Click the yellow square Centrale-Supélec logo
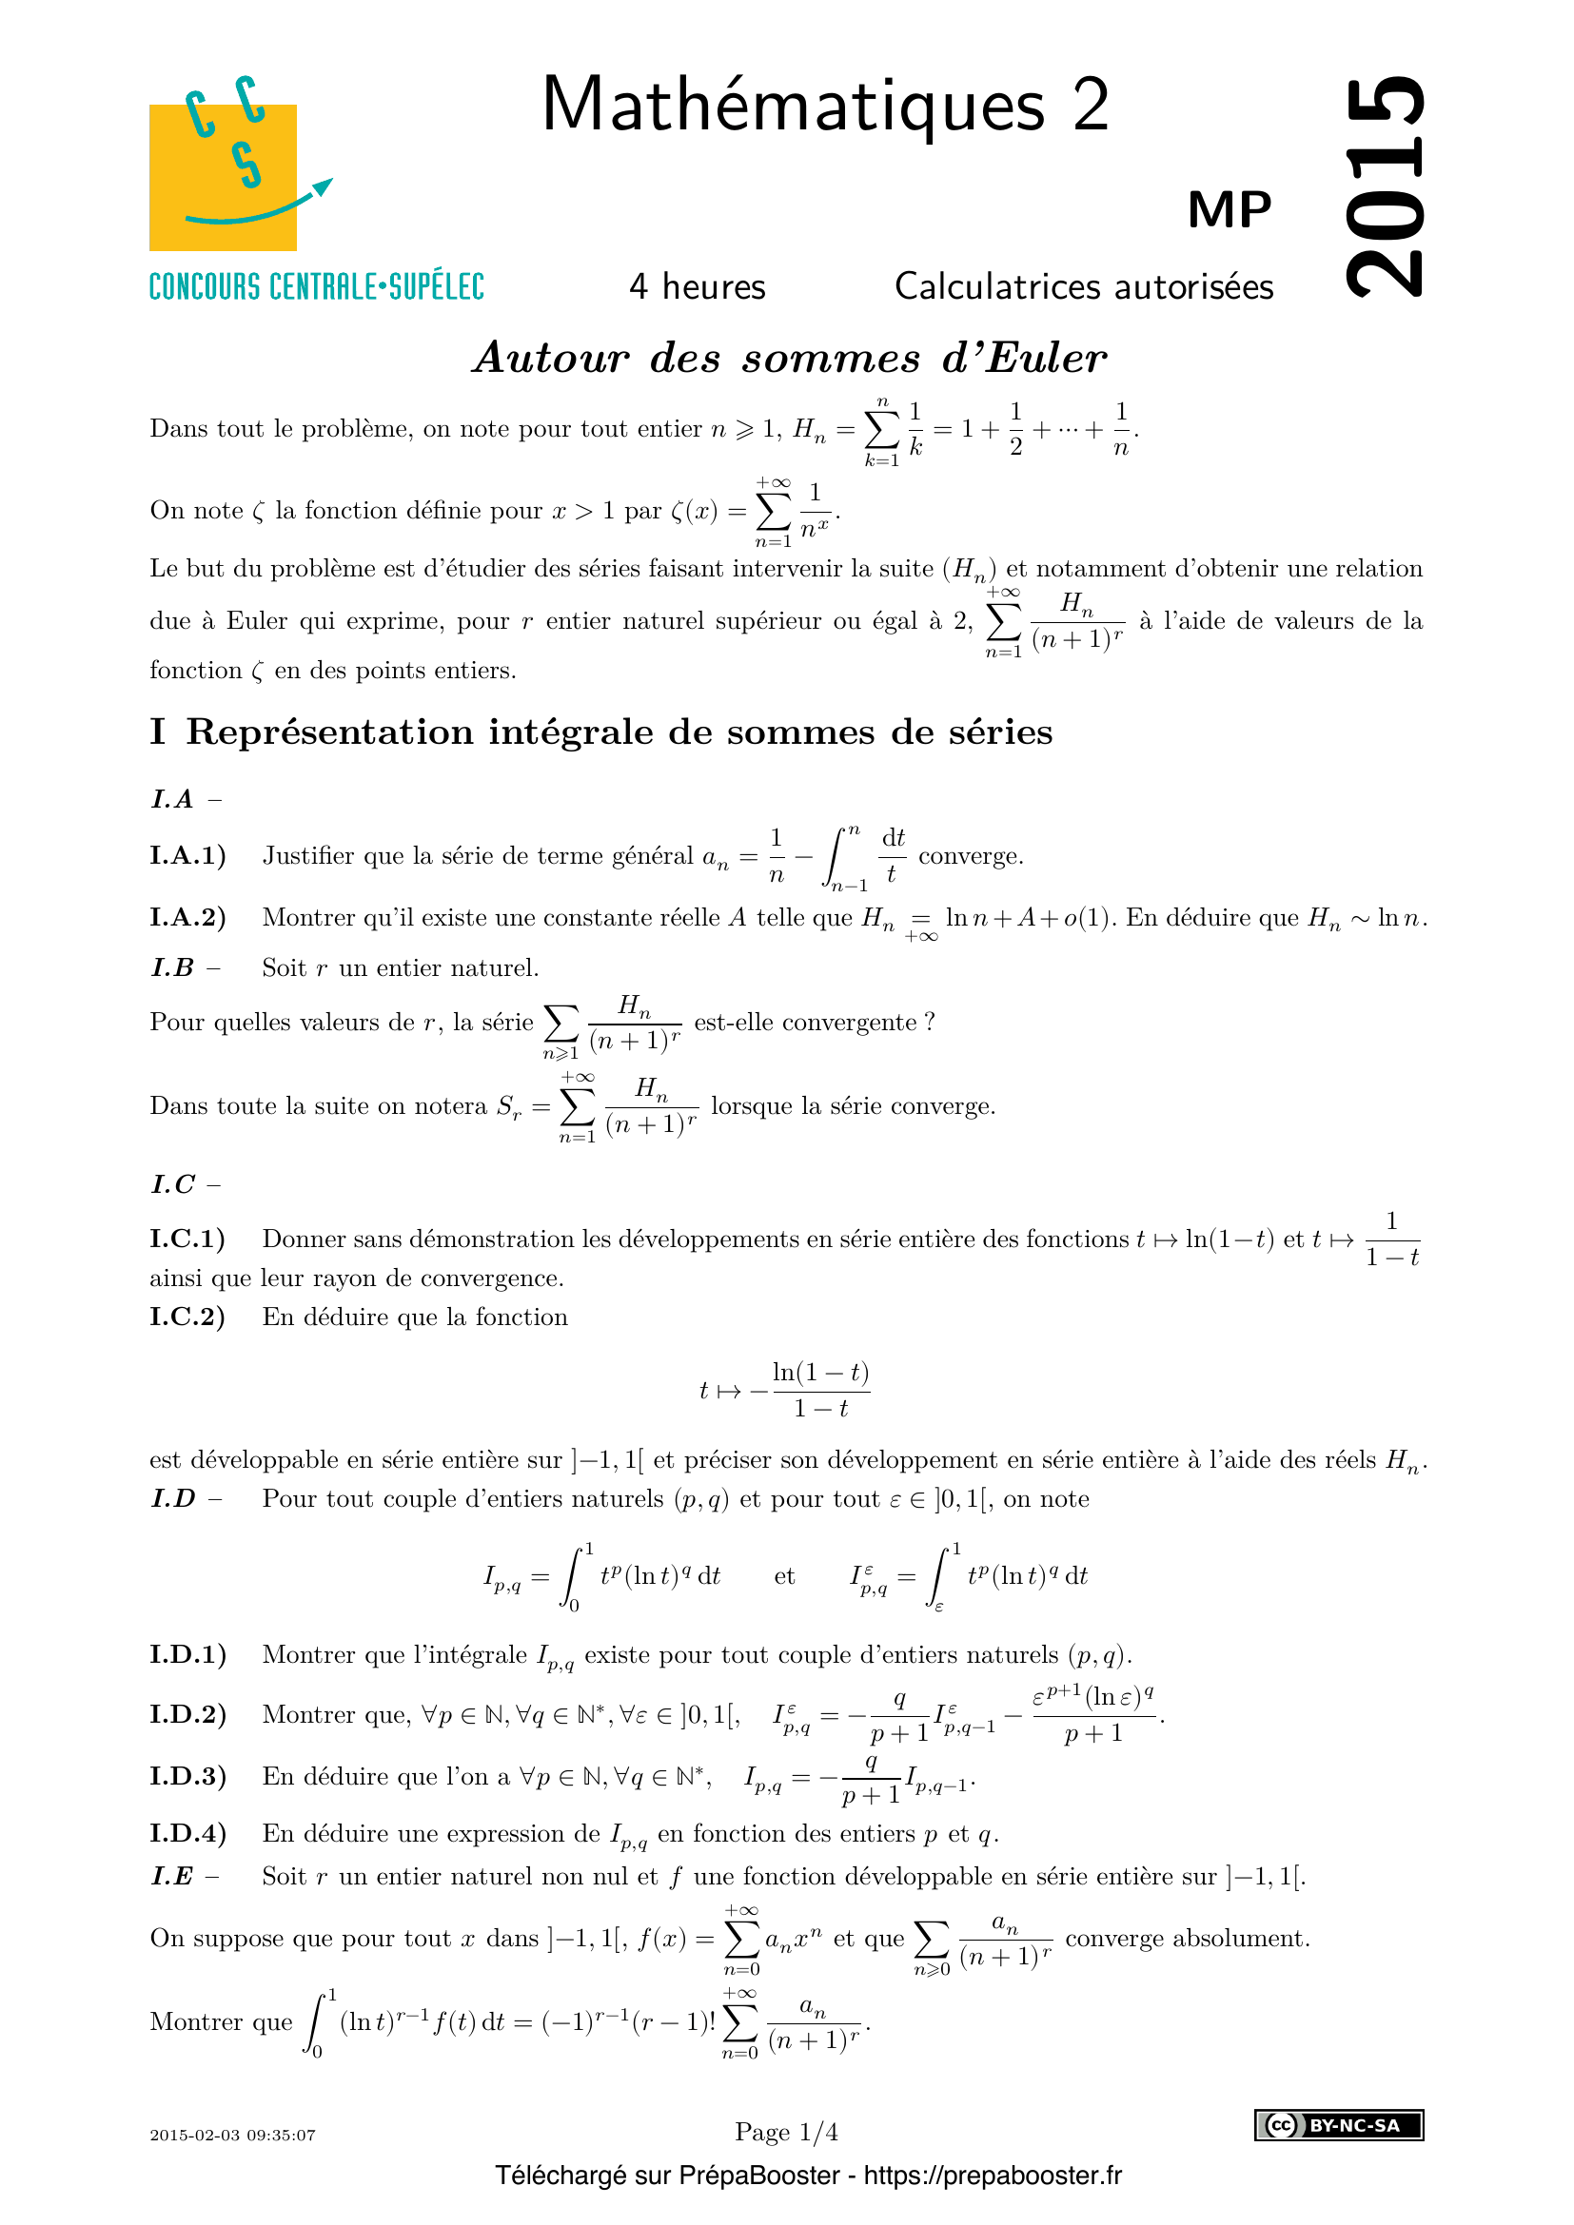click(x=223, y=176)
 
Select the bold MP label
click(x=1229, y=209)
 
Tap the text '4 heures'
click(x=697, y=287)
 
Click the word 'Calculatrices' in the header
click(x=997, y=287)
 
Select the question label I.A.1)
click(x=187, y=856)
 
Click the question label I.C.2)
click(x=187, y=1317)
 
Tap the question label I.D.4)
click(x=187, y=1833)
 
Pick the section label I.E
click(x=172, y=1877)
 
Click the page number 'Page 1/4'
click(x=786, y=2132)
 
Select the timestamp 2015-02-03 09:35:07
click(x=232, y=2135)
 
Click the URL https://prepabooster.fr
click(x=993, y=2176)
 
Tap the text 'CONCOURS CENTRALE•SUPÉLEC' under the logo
click(x=316, y=288)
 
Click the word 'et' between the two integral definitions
click(x=784, y=1576)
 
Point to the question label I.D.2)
click(x=187, y=1714)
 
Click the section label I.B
click(x=172, y=968)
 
